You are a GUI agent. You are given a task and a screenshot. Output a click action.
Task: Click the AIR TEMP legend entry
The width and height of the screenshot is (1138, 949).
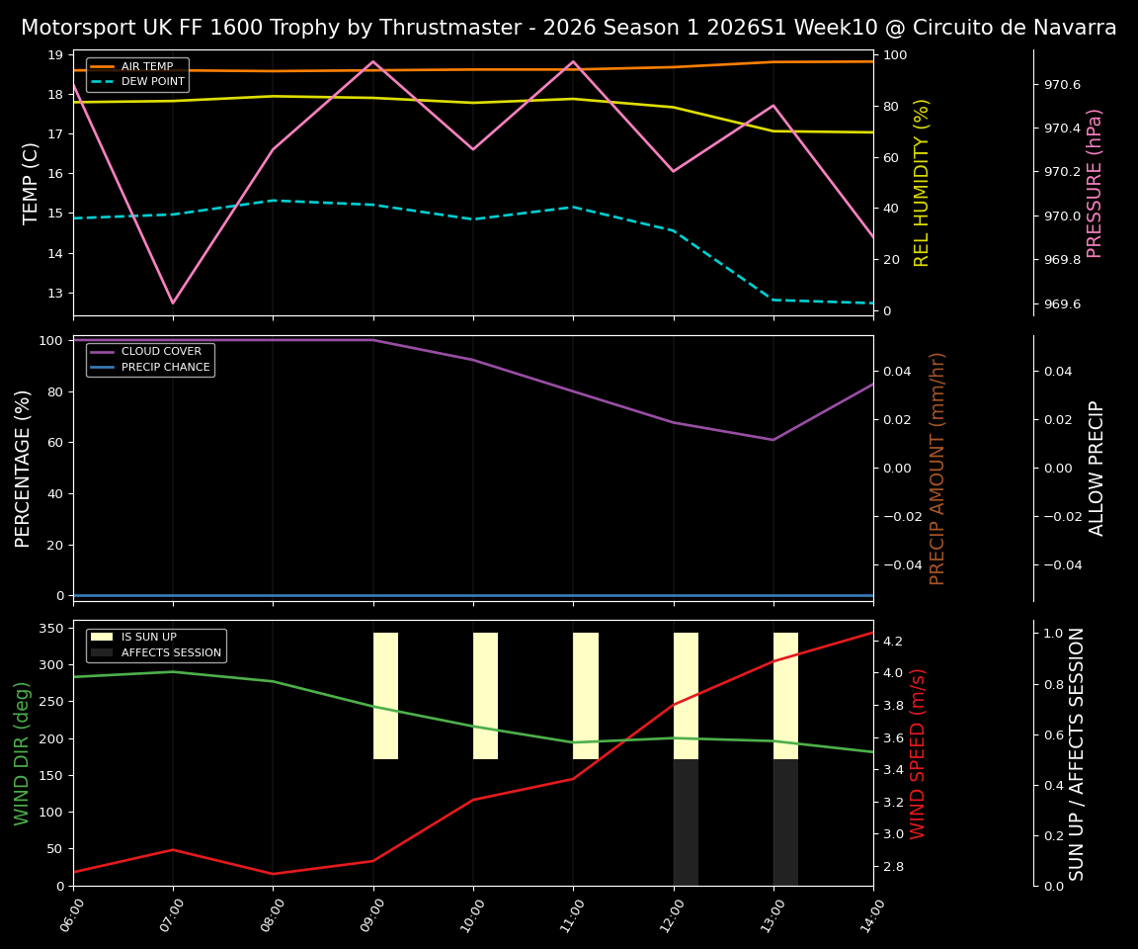click(x=146, y=67)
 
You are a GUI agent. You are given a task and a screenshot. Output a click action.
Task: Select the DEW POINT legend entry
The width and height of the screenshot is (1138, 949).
click(x=152, y=82)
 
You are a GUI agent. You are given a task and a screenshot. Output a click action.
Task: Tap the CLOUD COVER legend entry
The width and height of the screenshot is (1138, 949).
click(x=161, y=352)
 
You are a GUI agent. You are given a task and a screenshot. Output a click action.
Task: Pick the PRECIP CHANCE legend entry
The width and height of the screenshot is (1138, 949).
click(x=165, y=368)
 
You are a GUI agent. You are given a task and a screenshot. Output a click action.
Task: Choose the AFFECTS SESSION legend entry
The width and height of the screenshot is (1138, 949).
click(x=171, y=653)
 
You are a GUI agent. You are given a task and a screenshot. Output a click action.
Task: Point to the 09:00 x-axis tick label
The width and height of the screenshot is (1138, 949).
click(x=366, y=913)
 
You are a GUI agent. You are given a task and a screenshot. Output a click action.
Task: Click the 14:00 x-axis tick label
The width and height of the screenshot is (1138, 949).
click(x=866, y=913)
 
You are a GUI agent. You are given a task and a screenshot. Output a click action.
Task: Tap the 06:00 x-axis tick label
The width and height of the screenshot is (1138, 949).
click(x=66, y=913)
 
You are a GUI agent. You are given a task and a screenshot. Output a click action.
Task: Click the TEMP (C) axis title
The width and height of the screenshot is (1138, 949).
click(x=32, y=183)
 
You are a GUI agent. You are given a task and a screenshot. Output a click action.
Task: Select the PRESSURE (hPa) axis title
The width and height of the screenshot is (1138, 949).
click(x=1095, y=183)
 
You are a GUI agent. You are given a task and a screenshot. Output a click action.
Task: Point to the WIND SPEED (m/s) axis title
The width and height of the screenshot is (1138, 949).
click(x=919, y=753)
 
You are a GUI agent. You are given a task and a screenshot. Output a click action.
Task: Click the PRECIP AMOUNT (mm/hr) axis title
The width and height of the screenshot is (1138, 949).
click(x=938, y=468)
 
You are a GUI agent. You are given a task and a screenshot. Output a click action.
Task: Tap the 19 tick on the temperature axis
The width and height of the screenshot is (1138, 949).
click(x=55, y=54)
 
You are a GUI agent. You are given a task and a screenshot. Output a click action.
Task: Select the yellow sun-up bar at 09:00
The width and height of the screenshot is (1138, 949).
click(x=385, y=696)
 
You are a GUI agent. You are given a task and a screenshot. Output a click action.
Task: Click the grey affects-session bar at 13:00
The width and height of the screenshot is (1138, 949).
click(x=785, y=822)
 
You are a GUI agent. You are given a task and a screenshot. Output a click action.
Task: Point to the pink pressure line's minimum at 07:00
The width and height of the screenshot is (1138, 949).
click(x=173, y=303)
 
